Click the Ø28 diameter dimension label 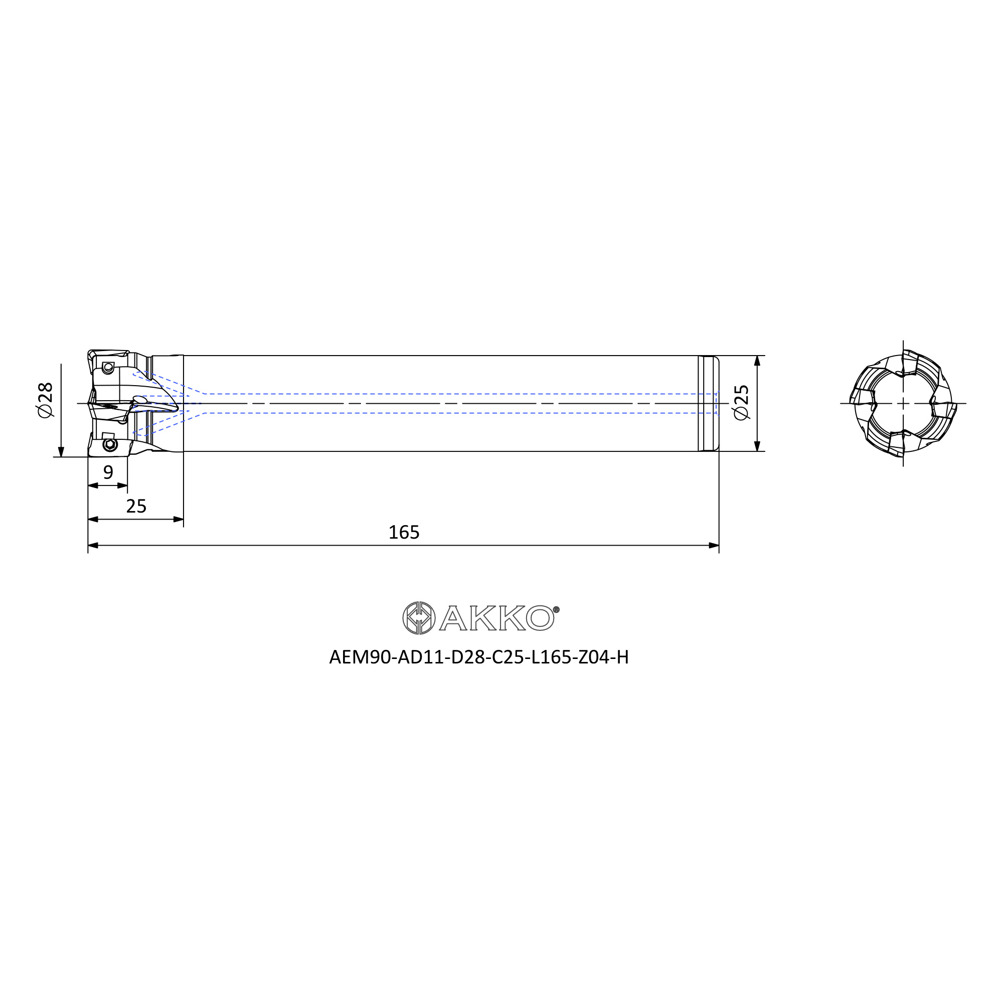(x=46, y=400)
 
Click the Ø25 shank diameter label (x=741, y=402)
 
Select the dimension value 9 (x=108, y=472)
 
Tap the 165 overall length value (x=404, y=532)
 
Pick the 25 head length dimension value (x=136, y=506)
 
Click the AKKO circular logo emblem (x=419, y=618)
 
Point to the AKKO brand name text (x=497, y=618)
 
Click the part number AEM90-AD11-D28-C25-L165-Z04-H (x=478, y=657)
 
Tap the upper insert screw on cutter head (x=108, y=368)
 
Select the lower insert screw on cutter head (x=109, y=444)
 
